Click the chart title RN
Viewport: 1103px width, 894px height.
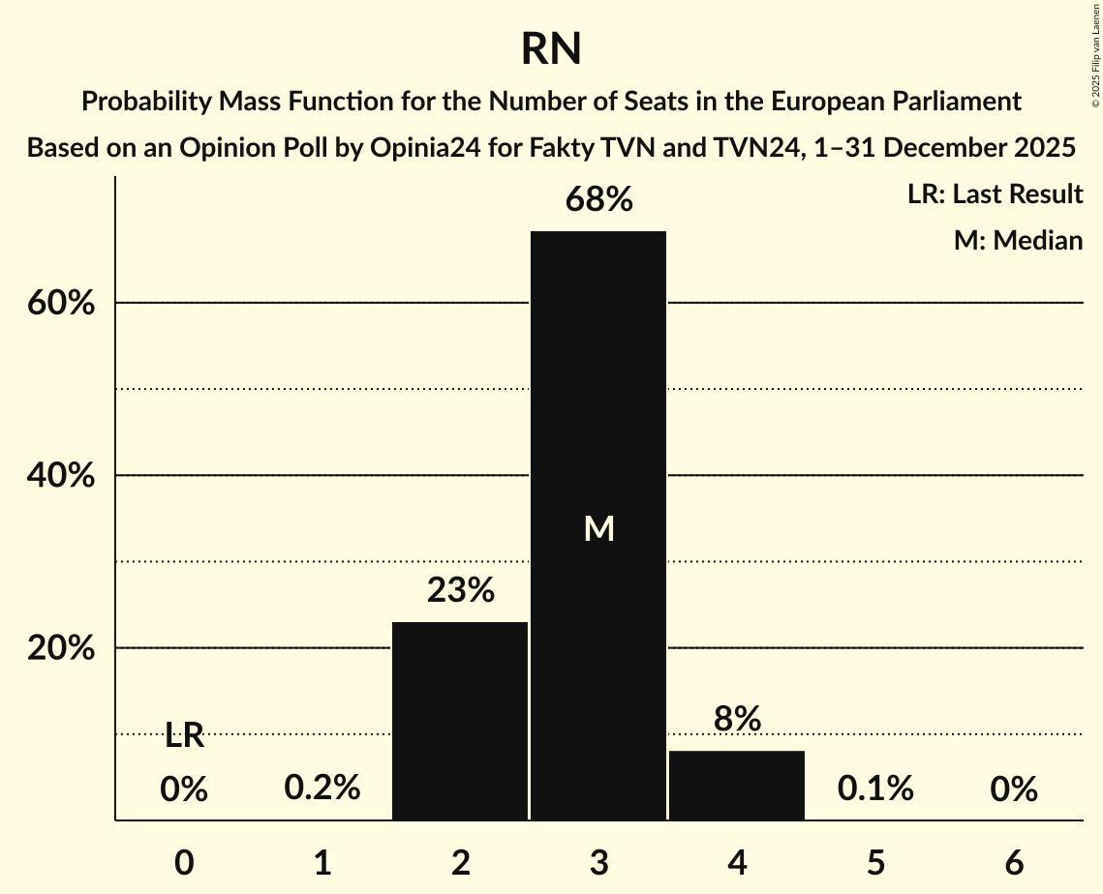pos(551,48)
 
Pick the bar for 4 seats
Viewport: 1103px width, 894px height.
pos(737,785)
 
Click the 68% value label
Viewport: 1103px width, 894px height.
pos(599,200)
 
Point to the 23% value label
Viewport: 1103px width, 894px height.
pos(461,590)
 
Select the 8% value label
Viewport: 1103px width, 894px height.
pos(737,719)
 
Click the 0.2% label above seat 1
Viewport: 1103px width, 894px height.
pos(322,789)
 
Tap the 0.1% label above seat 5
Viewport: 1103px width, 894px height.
pos(875,789)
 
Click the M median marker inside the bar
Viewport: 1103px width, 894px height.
pos(599,528)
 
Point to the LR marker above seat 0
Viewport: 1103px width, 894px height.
pos(184,736)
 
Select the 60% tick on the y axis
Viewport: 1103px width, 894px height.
pos(61,303)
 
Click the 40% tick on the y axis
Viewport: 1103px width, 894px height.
pos(61,476)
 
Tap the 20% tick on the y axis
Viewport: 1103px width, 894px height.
pos(61,648)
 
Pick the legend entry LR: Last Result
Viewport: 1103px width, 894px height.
pos(996,194)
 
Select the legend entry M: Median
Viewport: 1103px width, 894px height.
pos(1018,240)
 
